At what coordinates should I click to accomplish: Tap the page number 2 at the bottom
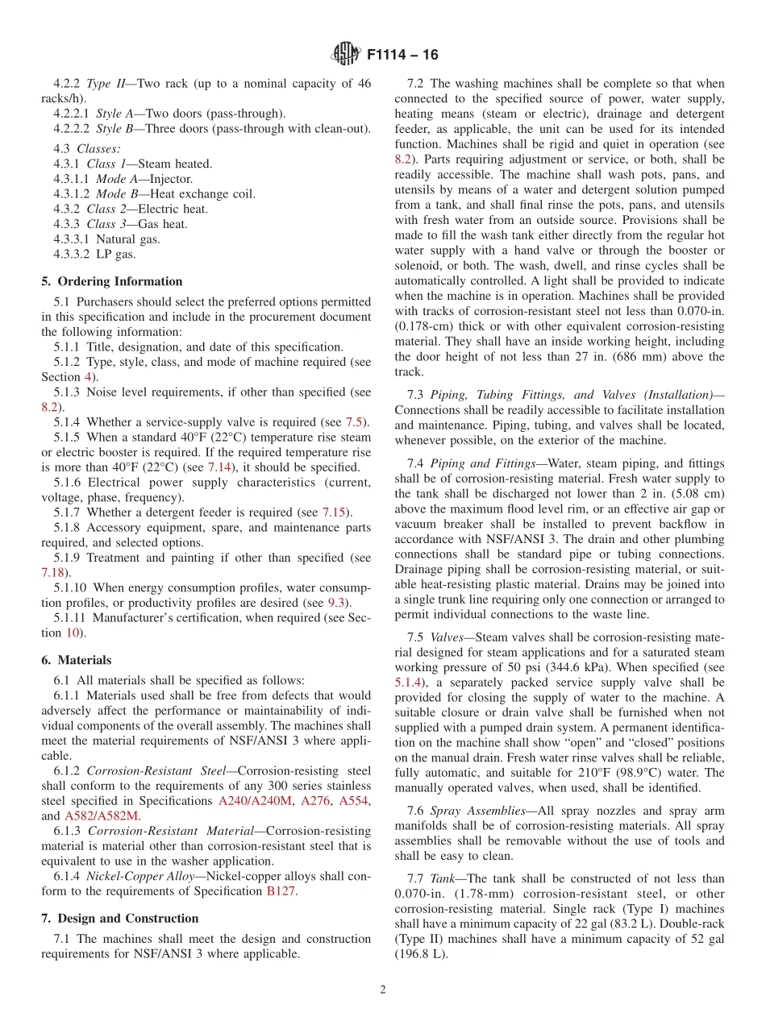[x=383, y=990]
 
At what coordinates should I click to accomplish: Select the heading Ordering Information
[x=119, y=281]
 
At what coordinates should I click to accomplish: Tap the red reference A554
[x=353, y=801]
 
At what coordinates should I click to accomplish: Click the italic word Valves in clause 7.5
[x=448, y=637]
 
